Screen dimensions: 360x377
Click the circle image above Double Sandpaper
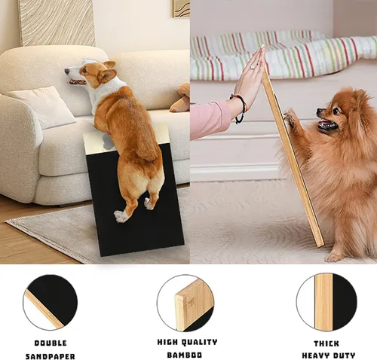50,301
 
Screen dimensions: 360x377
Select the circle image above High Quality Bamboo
185,302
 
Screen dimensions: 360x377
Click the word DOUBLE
50,343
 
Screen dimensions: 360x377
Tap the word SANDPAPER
50,355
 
